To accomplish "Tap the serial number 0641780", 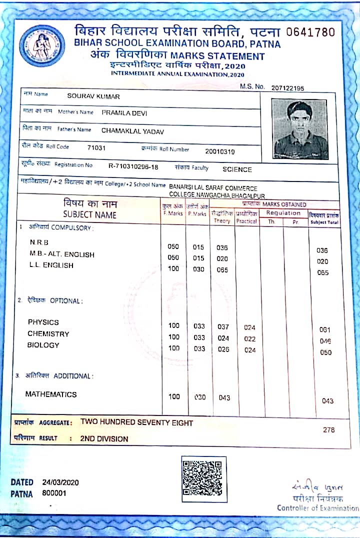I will click(310, 32).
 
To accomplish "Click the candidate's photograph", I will click(300, 128).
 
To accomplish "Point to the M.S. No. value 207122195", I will click(287, 88).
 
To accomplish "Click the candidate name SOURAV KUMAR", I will click(93, 96).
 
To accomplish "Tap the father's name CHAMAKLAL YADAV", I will click(132, 131).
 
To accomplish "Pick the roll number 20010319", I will click(219, 151).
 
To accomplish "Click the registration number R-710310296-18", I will click(133, 166).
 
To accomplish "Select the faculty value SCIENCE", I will click(237, 169).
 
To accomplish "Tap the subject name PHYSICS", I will click(43, 322).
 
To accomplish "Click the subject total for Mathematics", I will click(327, 401).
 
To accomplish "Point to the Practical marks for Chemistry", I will click(249, 339).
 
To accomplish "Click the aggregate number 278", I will click(328, 429).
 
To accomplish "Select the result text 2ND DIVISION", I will click(104, 439).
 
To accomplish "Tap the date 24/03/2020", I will click(60, 482).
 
